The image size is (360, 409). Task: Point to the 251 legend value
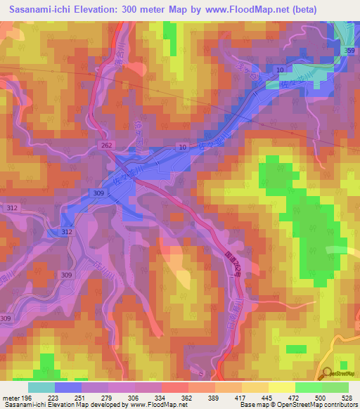[82, 397]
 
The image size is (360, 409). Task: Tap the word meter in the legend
[11, 397]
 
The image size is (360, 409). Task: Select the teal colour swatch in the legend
[41, 387]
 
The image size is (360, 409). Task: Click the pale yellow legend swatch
[281, 387]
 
